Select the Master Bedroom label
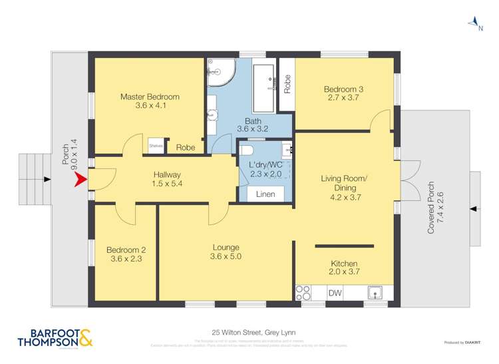pos(150,96)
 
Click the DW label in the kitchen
pos(334,292)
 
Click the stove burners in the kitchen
pos(303,292)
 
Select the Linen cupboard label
pos(265,194)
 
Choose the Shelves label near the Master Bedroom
pos(156,145)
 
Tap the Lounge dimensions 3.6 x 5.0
pos(225,257)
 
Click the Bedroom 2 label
pos(126,250)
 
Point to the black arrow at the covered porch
pos(472,208)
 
